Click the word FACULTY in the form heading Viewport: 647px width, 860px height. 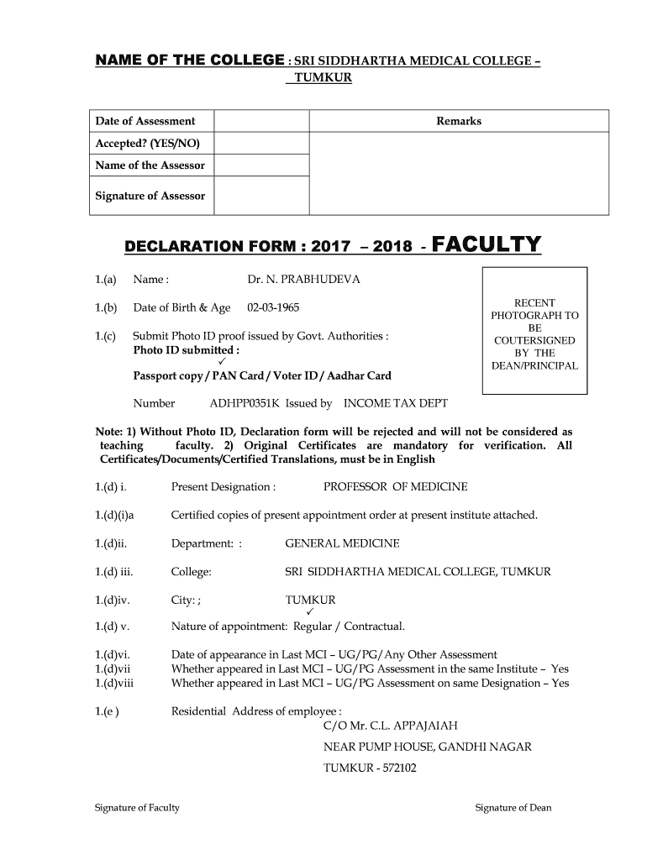coord(487,244)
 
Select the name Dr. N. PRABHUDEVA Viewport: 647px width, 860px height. coord(303,280)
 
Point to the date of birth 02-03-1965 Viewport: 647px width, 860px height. coord(273,308)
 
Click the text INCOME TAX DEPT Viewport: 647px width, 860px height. coord(396,403)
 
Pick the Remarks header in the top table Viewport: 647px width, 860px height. coord(459,121)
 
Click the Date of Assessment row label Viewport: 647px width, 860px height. coord(145,121)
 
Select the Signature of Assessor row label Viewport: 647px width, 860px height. coord(150,196)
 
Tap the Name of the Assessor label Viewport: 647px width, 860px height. coord(150,165)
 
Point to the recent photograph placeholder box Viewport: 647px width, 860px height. coord(534,331)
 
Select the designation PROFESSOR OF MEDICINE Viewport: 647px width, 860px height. coord(396,487)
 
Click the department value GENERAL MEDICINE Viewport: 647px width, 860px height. coord(342,543)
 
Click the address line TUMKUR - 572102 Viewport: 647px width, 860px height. coord(371,768)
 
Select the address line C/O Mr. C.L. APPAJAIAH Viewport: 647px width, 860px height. coord(391,726)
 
